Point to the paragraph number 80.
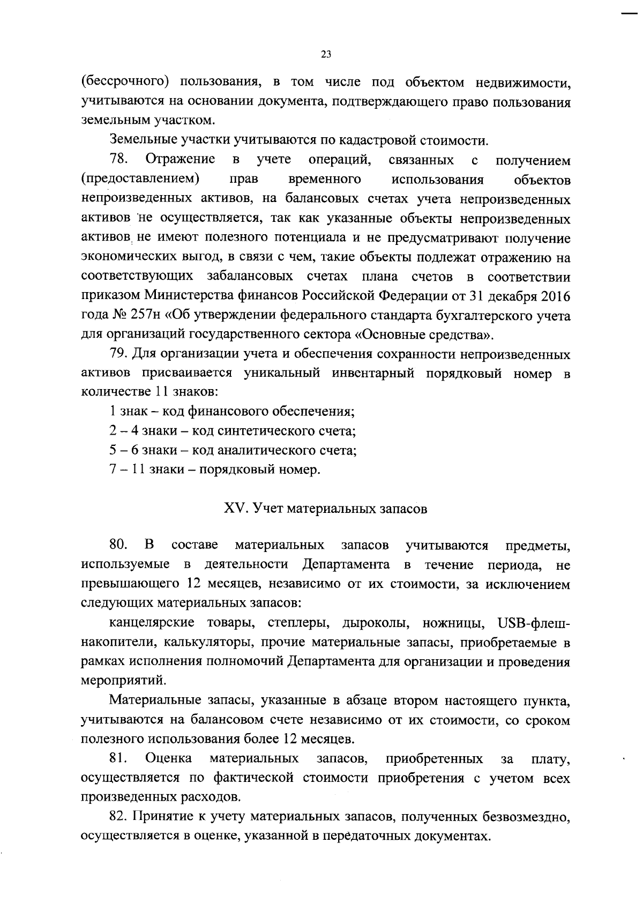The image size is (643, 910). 118,545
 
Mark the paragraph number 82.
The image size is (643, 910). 118,817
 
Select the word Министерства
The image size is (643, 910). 187,296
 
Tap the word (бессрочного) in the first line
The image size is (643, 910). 125,82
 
